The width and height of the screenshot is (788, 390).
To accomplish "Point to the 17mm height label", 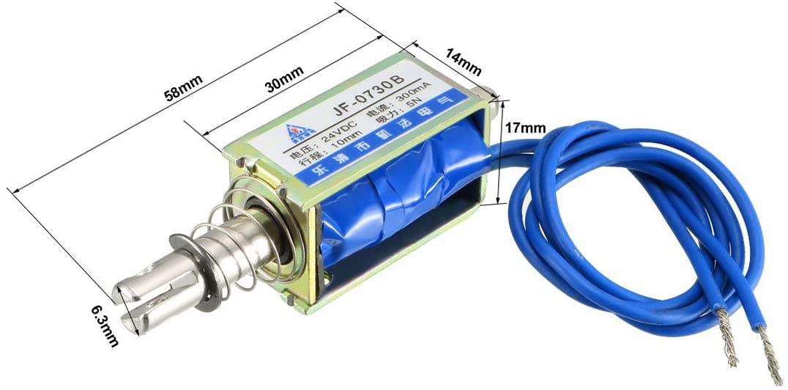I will point(526,127).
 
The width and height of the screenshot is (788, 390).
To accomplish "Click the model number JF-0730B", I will point(370,102).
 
